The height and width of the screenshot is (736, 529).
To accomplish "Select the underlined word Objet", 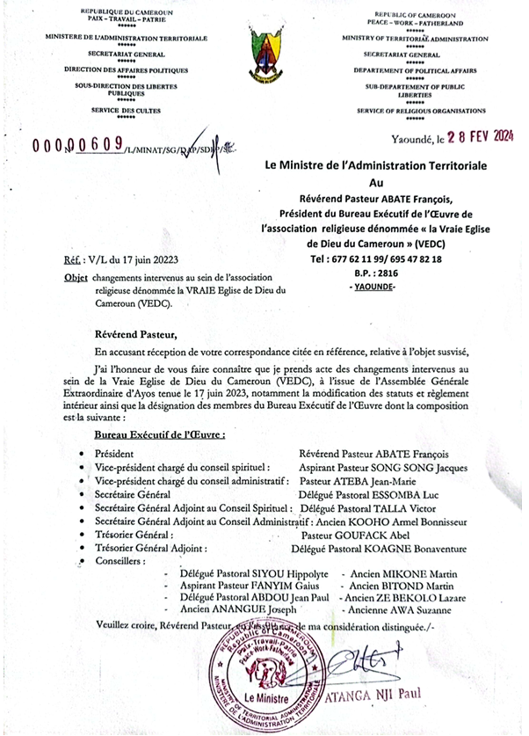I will [76, 278].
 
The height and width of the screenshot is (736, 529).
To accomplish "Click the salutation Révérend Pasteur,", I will [135, 334].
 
